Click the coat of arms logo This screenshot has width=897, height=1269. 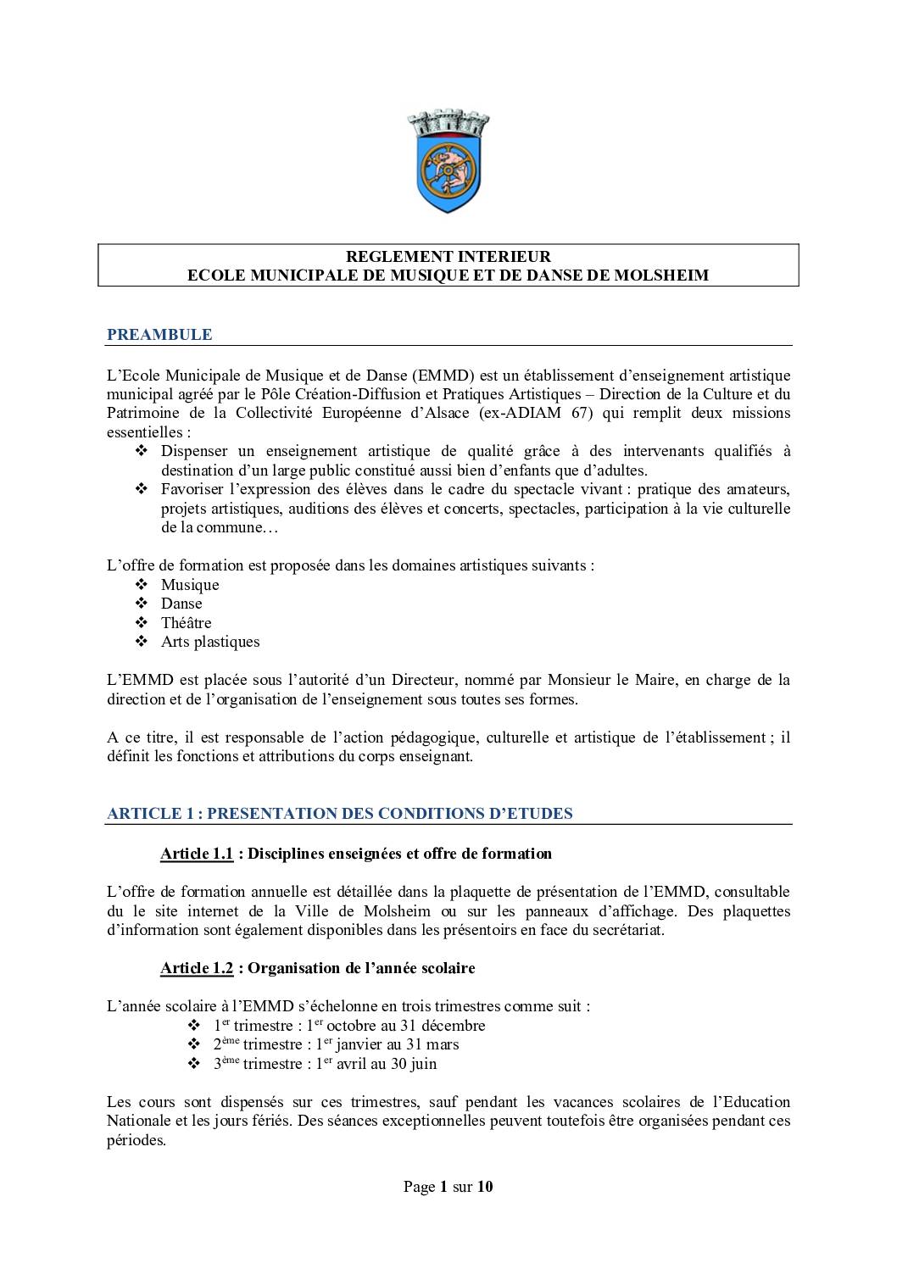coord(448,161)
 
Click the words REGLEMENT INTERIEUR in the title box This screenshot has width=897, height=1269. coord(448,256)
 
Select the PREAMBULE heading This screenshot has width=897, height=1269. coord(159,335)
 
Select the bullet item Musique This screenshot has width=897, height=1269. coord(190,585)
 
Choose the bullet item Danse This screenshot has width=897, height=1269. coord(181,604)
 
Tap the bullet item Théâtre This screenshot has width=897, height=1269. coord(186,623)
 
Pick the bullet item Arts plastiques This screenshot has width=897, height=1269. coord(210,642)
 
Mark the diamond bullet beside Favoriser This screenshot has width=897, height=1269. coord(142,489)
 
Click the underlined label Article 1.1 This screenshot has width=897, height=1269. coord(197,854)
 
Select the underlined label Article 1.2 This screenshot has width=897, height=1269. coord(197,968)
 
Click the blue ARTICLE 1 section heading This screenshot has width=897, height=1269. coord(339,814)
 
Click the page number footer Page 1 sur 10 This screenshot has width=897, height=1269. coord(448,1187)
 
